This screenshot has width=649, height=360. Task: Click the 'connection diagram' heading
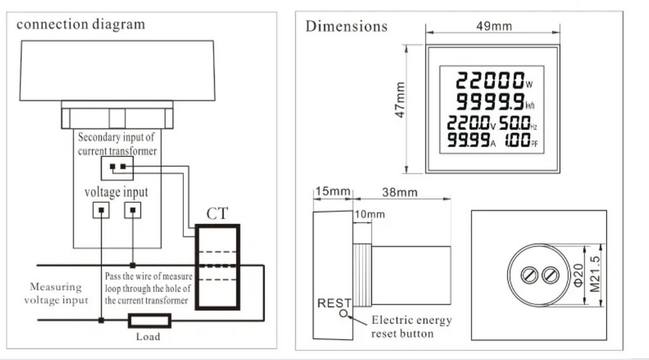coord(80,25)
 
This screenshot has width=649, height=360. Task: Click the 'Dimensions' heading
coord(347,26)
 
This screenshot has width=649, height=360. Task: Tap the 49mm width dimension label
coord(494,26)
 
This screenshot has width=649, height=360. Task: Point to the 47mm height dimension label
coord(400,100)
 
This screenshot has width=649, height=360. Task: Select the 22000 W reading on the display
coord(494,80)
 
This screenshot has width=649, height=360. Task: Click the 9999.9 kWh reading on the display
coord(495,101)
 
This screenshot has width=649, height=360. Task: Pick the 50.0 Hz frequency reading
coord(518,123)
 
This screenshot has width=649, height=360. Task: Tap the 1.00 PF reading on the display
coord(521,140)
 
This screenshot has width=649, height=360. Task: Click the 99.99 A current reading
coord(472,140)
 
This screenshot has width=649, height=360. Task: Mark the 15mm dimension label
coord(333,191)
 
